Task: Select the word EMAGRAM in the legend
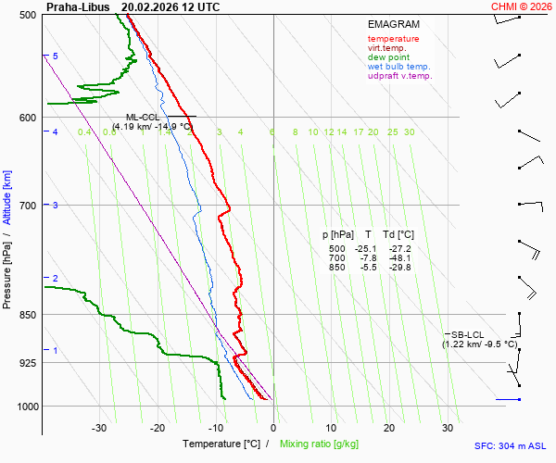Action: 392,23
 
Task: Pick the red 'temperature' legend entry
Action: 393,39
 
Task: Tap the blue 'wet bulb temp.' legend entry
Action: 398,67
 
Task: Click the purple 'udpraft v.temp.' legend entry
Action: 399,76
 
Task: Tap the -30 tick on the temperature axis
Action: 99,428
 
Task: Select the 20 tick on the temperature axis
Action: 389,428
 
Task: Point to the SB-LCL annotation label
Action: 467,334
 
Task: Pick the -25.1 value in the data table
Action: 367,249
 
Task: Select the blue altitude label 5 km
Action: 56,56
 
